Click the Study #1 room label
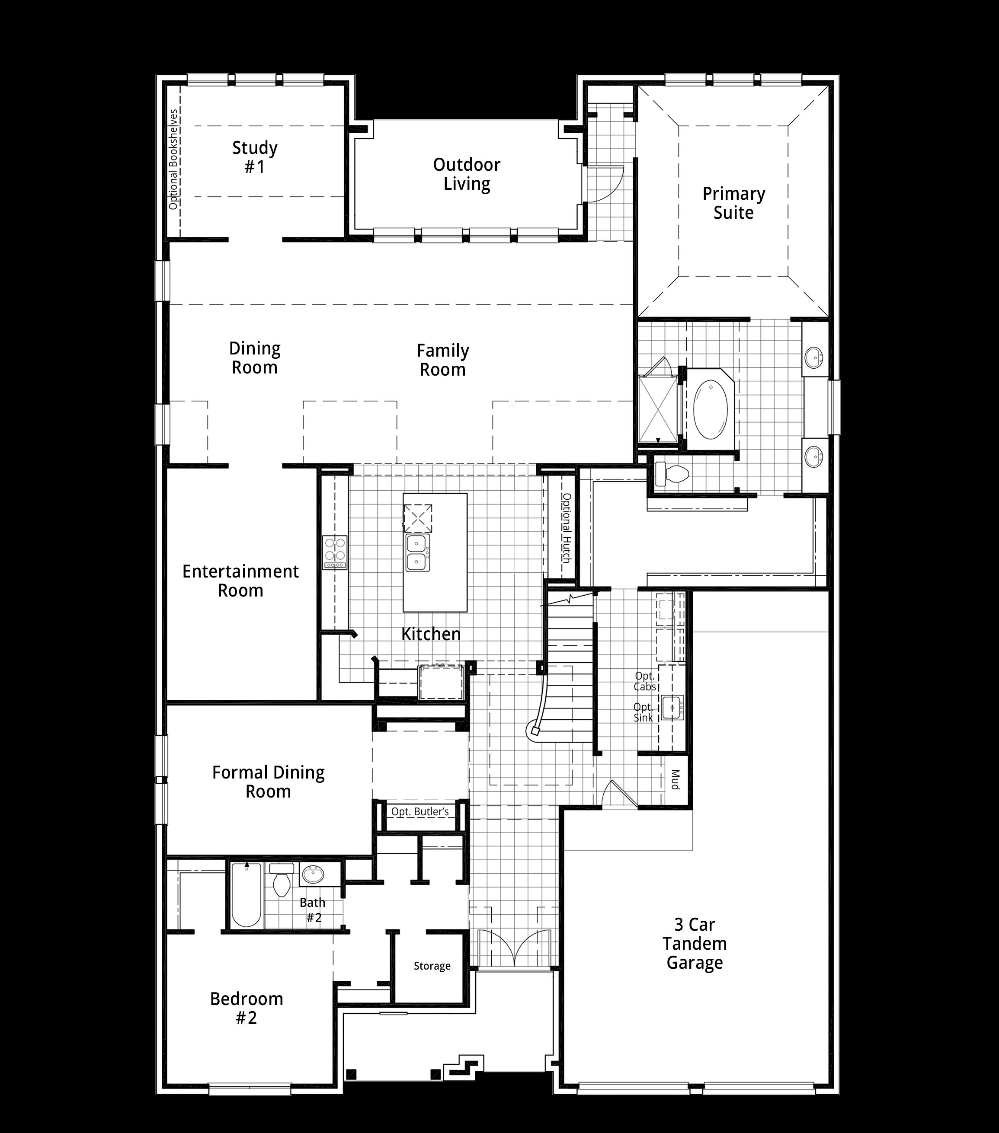tap(255, 157)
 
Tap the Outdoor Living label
tap(467, 174)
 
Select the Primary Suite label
tap(733, 203)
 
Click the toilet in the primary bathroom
tap(671, 474)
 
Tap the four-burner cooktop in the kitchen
tap(335, 552)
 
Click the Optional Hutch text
tap(566, 528)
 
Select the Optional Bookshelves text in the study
tap(173, 160)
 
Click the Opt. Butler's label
tap(420, 811)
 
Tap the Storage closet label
tap(432, 966)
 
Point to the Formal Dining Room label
tap(269, 782)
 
